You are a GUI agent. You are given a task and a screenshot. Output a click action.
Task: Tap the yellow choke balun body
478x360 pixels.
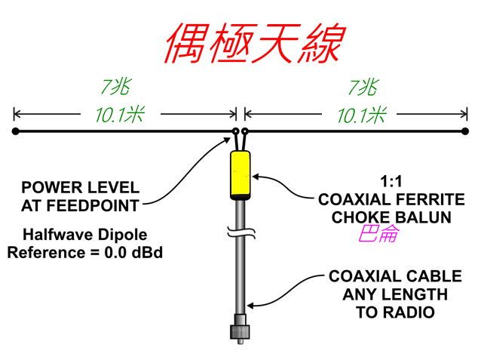pyautogui.click(x=241, y=173)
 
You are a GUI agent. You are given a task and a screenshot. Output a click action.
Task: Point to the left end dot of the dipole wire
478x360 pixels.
pyautogui.click(x=15, y=131)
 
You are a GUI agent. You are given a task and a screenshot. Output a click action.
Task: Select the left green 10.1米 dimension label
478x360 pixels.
pyautogui.click(x=119, y=115)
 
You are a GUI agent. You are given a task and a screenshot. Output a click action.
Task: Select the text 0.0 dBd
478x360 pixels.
pyautogui.click(x=133, y=252)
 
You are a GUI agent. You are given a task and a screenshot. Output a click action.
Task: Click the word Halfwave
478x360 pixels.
pyautogui.click(x=55, y=234)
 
